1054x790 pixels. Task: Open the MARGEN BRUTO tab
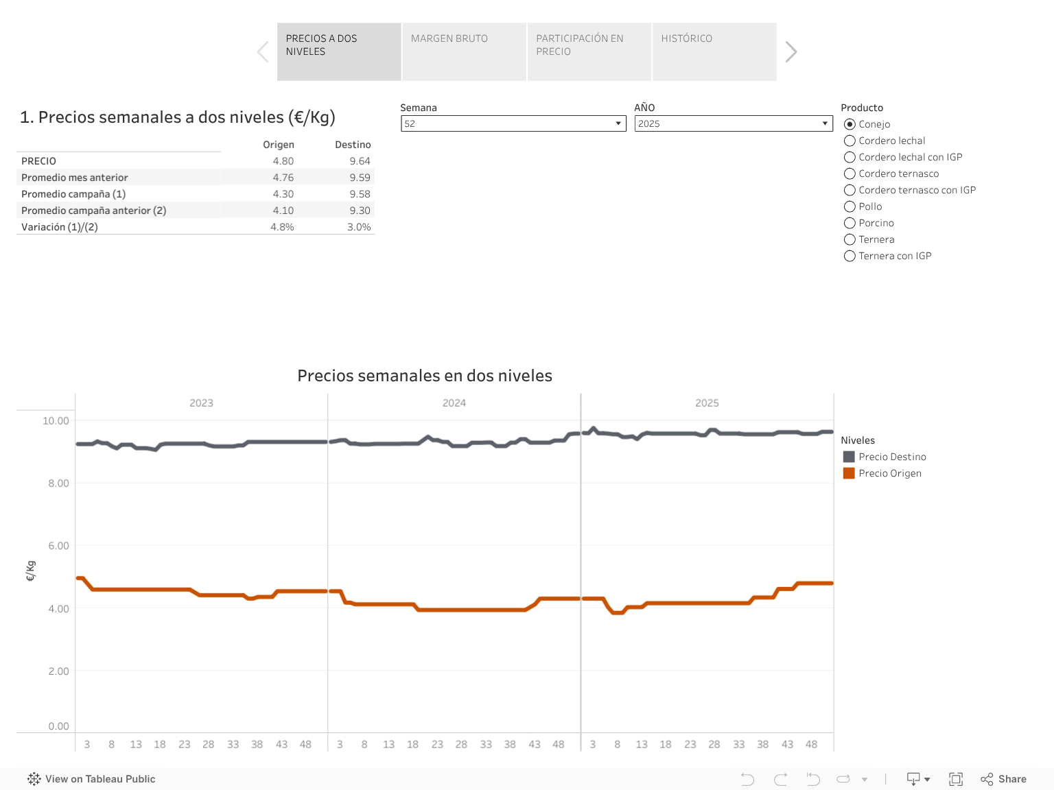464,51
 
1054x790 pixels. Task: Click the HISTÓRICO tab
714,51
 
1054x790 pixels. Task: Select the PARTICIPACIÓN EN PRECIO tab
589,51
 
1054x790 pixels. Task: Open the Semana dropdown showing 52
513,123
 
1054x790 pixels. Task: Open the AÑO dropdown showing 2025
733,123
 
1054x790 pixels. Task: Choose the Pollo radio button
850,206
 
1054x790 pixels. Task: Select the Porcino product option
850,223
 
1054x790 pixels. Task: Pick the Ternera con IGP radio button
850,256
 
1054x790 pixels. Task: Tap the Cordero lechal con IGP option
850,157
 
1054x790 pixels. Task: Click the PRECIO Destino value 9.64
360,161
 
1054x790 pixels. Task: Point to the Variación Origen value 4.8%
282,227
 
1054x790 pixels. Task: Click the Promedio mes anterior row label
75,178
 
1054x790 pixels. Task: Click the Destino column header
353,145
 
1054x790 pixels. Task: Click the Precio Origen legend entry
889,473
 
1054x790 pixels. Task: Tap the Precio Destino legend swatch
849,457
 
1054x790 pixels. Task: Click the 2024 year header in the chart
454,403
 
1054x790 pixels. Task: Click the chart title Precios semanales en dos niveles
425,376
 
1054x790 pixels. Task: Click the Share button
1004,779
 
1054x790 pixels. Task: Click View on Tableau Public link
92,779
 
